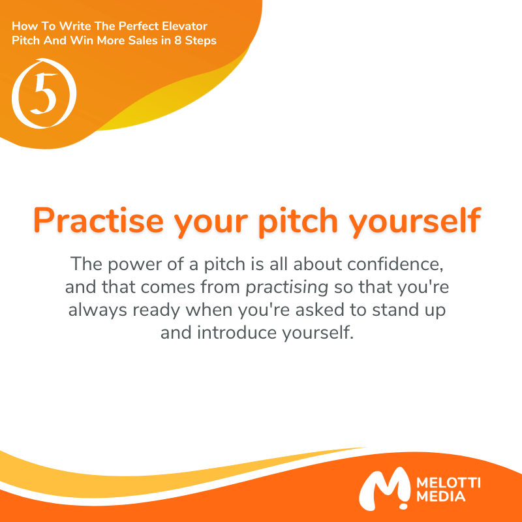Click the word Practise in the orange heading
[98, 221]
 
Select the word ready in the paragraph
[154, 309]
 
